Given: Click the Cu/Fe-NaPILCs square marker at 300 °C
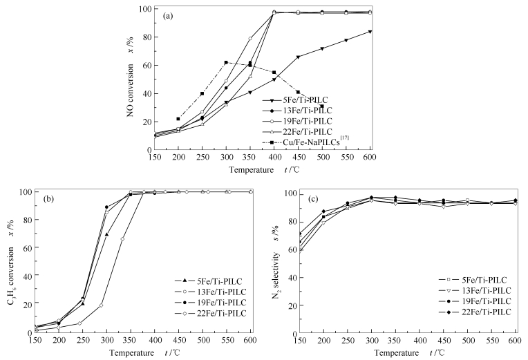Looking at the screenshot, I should [x=226, y=62].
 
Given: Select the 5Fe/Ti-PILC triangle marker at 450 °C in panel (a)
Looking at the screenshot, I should [x=298, y=57].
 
